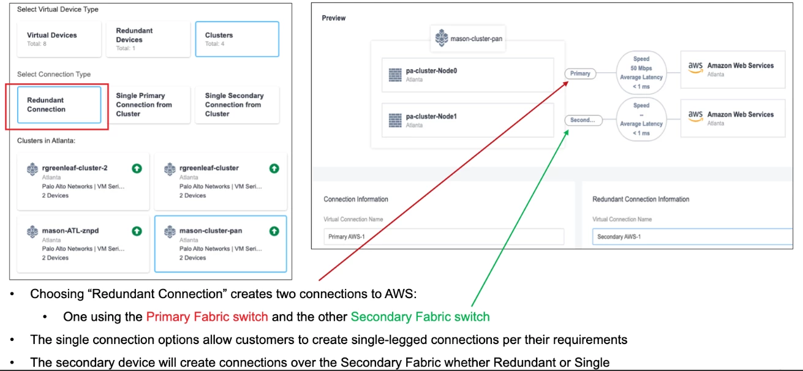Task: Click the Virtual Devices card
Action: coord(59,39)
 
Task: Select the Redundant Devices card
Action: coord(148,39)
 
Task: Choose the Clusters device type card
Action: coord(237,39)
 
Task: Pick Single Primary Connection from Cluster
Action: coord(148,105)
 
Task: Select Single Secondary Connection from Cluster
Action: coord(237,105)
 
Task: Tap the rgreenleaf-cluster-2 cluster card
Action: coord(83,181)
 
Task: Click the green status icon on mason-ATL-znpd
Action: coord(137,231)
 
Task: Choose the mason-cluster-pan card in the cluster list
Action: coord(221,244)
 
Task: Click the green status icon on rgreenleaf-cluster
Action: coord(274,168)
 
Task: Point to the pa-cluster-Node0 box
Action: coord(467,75)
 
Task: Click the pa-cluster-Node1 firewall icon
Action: coord(394,120)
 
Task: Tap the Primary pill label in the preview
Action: coord(580,73)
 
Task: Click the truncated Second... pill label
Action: coord(582,120)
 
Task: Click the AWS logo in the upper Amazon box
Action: coord(695,66)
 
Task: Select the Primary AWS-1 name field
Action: coord(443,237)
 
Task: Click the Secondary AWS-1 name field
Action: coord(692,237)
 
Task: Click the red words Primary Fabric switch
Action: coord(207,317)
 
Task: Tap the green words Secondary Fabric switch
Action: coord(420,317)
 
